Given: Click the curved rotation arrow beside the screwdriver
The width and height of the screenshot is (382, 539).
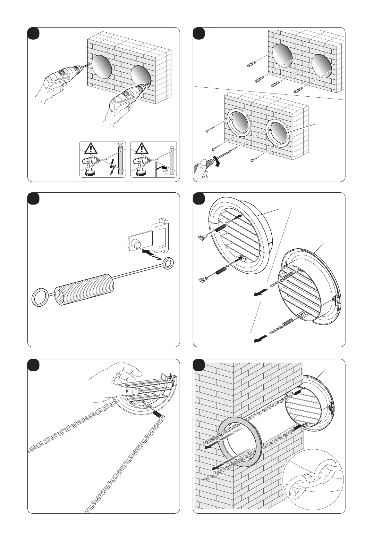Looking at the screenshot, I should (218, 158).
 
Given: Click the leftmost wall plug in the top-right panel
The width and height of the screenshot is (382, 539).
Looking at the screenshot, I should (252, 65).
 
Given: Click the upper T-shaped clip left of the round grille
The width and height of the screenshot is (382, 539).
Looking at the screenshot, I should (201, 237).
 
